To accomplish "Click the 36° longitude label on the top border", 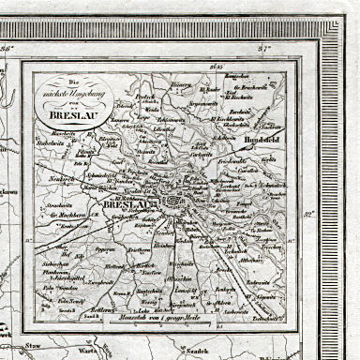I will point(7,47).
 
